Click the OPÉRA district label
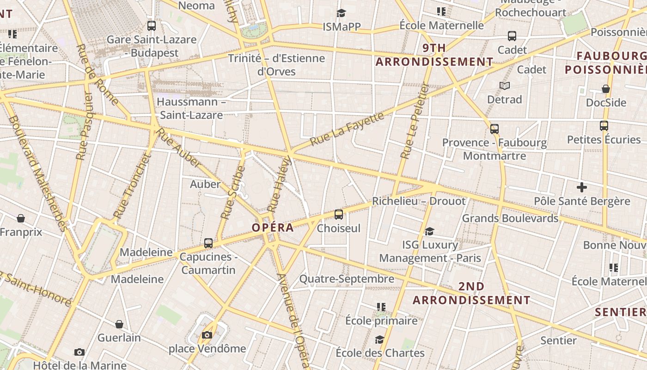click(x=273, y=228)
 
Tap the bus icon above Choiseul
click(x=339, y=214)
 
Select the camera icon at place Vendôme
click(x=207, y=335)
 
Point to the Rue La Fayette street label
click(x=347, y=128)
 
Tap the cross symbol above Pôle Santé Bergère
click(x=582, y=187)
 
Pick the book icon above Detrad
click(x=505, y=86)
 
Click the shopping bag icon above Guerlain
click(x=119, y=324)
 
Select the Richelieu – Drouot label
click(x=419, y=201)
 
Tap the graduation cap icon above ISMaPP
click(x=341, y=13)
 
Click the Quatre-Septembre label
click(x=347, y=279)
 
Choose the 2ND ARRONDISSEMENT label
click(x=471, y=293)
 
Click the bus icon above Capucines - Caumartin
click(x=208, y=243)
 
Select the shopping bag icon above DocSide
click(x=606, y=89)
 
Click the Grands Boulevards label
click(x=510, y=218)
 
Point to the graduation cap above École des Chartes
click(x=379, y=339)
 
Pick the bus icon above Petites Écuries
click(x=604, y=125)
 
